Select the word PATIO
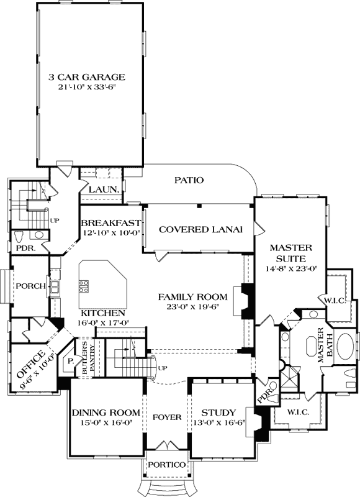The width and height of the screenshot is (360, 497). pos(189,180)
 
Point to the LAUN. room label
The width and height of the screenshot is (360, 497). pos(100,189)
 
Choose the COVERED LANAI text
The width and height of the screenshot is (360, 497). pos(199,229)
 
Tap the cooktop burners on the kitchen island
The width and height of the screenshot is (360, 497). pos(83,286)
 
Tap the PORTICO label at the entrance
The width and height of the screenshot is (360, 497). pos(165,465)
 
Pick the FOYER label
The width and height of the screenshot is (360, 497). pos(166,417)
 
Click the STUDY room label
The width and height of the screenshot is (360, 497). pos(218,413)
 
